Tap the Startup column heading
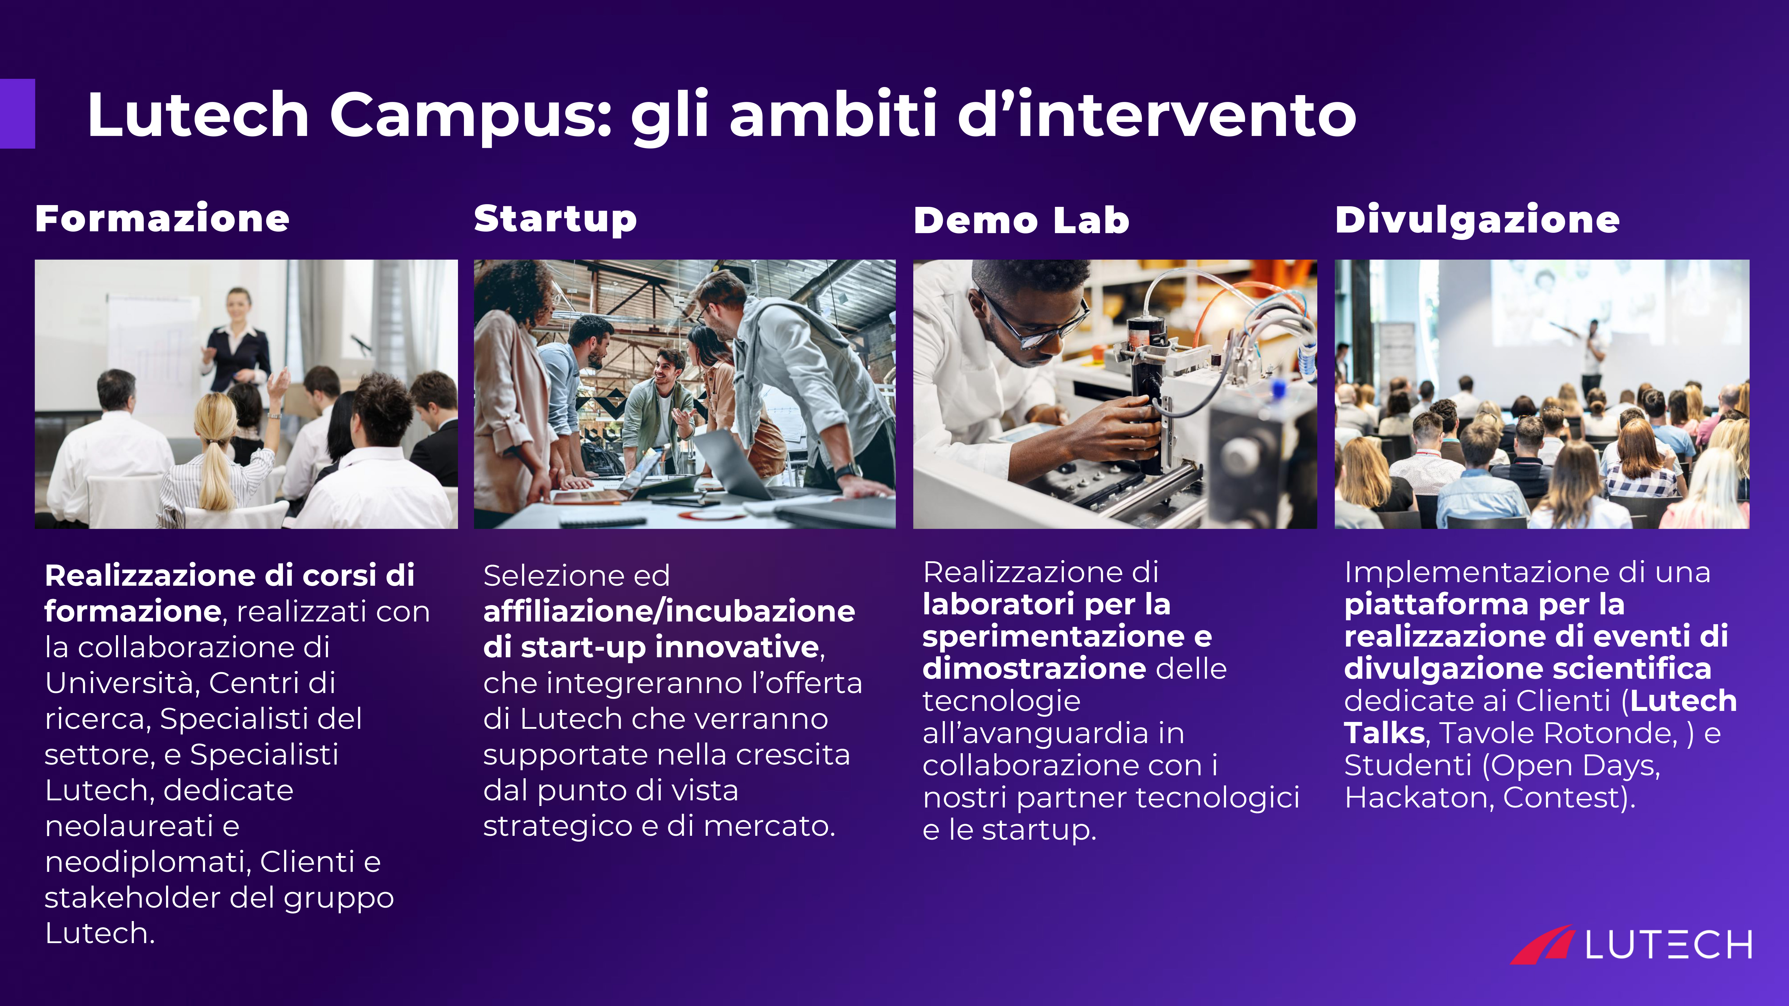(555, 220)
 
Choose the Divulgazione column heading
(1477, 220)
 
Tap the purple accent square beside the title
(17, 113)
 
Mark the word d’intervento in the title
(1156, 114)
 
